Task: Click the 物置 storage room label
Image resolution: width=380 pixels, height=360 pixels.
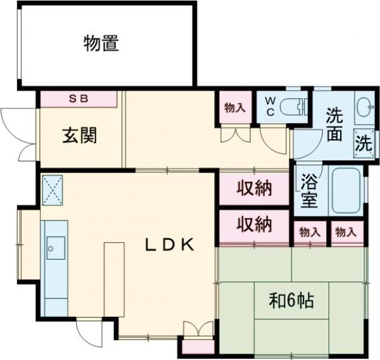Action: pyautogui.click(x=101, y=44)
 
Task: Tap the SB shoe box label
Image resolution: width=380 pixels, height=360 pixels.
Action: pyautogui.click(x=79, y=99)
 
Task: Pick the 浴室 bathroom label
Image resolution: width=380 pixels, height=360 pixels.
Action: pyautogui.click(x=309, y=194)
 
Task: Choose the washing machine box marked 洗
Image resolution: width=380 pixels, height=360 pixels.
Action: pyautogui.click(x=364, y=143)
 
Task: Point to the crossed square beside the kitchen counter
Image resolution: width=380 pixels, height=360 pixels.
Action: pyautogui.click(x=53, y=188)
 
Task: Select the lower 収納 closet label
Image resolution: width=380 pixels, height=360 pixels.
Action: pyautogui.click(x=255, y=224)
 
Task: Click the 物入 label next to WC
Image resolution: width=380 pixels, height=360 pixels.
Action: pyautogui.click(x=234, y=108)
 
